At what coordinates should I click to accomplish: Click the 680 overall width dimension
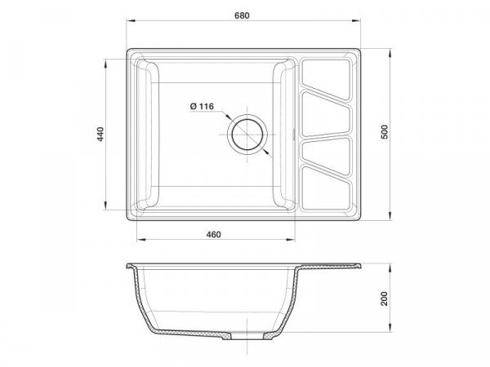242,15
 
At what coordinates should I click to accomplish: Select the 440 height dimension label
100,134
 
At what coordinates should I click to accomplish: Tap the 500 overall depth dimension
385,131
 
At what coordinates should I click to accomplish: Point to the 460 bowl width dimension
213,234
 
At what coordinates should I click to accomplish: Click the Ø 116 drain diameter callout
202,106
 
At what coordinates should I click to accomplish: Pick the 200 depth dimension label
385,298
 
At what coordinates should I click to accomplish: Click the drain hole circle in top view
247,135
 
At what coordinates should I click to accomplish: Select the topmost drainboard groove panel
326,79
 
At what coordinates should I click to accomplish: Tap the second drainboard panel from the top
326,114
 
